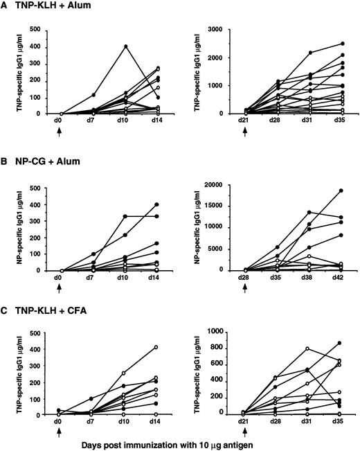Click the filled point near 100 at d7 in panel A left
(x=93, y=95)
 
